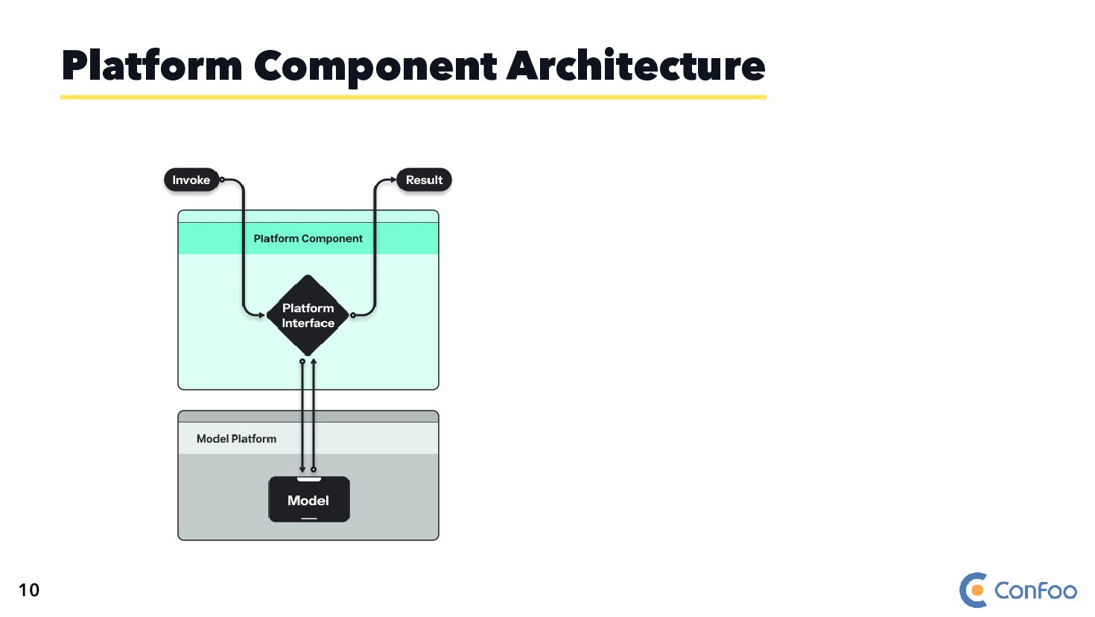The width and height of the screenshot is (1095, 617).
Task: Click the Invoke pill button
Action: coord(191,180)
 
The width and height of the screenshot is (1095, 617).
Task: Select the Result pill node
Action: coord(424,180)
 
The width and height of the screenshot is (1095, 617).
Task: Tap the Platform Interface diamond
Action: coord(308,316)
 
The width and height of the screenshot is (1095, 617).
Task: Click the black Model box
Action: coord(308,500)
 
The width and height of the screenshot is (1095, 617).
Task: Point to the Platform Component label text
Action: coord(308,238)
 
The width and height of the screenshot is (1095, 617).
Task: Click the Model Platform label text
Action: coord(236,439)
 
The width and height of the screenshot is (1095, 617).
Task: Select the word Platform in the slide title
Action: coord(152,66)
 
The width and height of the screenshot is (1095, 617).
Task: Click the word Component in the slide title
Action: coord(375,67)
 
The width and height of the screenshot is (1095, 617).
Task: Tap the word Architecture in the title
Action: coord(635,66)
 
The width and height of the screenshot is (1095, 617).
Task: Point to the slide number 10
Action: coord(29,590)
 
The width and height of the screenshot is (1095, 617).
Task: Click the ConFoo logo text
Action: coord(1035,591)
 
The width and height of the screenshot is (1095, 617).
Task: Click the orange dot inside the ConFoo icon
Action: coord(977,591)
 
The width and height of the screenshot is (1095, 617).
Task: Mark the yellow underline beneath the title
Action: coord(413,97)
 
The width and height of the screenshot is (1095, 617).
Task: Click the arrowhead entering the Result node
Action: coord(393,180)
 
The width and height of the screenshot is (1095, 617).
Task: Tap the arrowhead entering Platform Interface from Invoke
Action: coord(261,315)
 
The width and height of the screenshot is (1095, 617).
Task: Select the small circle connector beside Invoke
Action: coord(222,180)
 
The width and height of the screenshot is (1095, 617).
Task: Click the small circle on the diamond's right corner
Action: coord(353,315)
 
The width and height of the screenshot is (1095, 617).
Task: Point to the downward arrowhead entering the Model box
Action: coord(302,469)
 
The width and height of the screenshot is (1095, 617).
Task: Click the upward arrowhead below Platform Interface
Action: coord(314,362)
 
